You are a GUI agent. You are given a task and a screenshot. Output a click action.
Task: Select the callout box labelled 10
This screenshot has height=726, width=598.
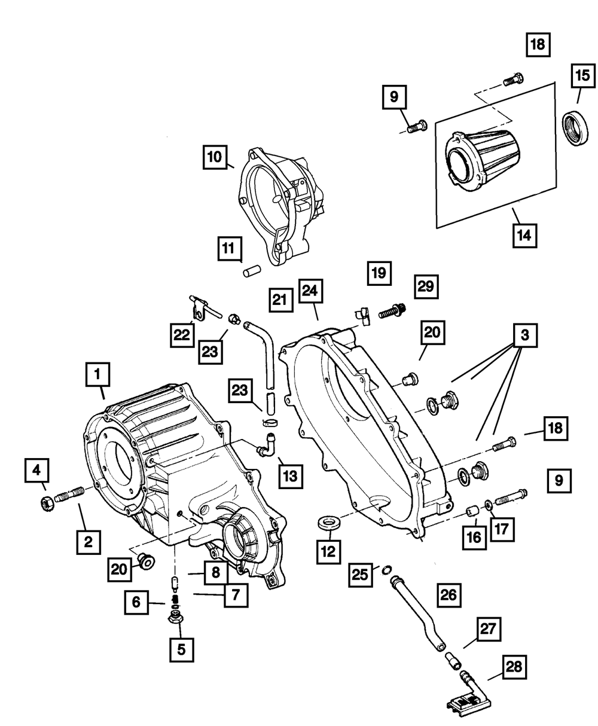(x=213, y=157)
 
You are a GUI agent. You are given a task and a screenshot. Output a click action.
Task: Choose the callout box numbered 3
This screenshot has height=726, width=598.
(x=524, y=336)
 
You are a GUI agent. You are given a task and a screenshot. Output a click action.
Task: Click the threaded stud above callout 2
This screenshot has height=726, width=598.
(x=71, y=495)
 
